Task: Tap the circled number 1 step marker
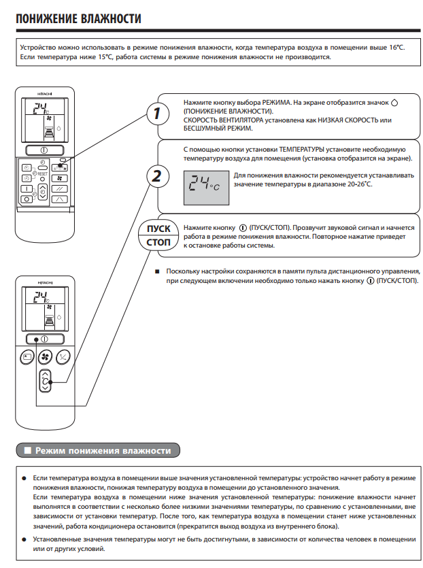(x=157, y=113)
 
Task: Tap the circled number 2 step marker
(x=157, y=176)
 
